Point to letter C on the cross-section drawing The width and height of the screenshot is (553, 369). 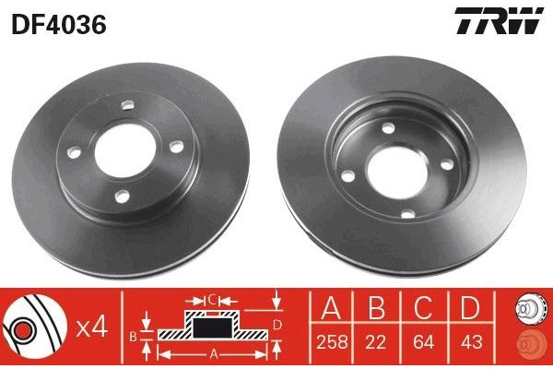[x=211, y=299]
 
